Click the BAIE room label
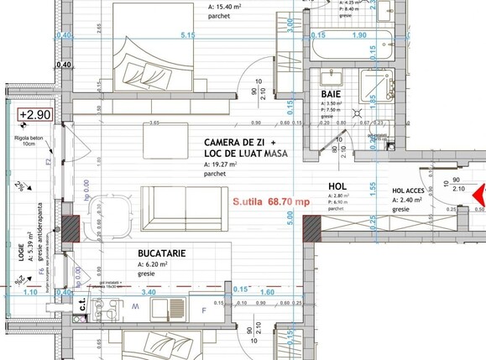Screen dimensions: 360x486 (331, 95)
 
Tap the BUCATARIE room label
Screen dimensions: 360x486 (161, 253)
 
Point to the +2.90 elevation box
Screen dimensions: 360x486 (35, 115)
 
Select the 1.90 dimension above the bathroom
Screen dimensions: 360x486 (358, 36)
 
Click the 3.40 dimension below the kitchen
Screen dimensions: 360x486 (149, 292)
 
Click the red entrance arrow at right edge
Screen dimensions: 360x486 (480, 196)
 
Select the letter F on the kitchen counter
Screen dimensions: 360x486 (203, 311)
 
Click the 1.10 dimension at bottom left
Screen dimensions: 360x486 (30, 292)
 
